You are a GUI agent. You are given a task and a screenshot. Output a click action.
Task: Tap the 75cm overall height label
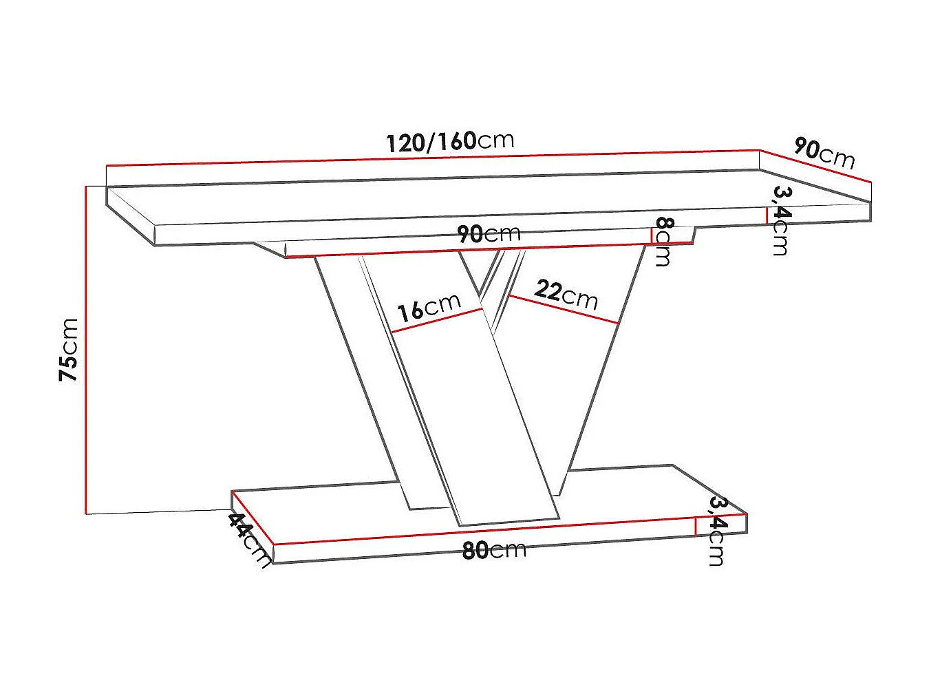coord(69,350)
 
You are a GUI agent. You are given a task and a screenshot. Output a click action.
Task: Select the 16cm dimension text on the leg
coord(428,307)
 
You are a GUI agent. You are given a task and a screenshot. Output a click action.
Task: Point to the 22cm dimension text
coord(566,293)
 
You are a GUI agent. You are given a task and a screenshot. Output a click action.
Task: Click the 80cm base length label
coord(493,549)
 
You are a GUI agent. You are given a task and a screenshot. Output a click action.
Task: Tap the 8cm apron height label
coord(663,241)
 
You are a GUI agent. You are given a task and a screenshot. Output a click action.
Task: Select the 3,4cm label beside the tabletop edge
coord(780,220)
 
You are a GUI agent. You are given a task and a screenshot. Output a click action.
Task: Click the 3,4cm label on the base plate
coord(717,531)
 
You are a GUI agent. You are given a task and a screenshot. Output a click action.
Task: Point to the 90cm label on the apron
coord(489,234)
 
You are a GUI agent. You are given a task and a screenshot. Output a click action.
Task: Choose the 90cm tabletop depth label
coord(824,153)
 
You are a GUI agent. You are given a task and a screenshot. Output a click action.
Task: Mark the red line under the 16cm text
coord(437,321)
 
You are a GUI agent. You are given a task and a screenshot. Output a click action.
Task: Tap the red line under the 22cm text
coord(564,309)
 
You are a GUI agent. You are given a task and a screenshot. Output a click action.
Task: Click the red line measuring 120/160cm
coord(434,158)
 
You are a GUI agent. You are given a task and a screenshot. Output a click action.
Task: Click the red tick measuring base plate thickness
coord(696,527)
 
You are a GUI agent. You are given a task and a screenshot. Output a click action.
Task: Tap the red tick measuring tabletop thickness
coord(767,215)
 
